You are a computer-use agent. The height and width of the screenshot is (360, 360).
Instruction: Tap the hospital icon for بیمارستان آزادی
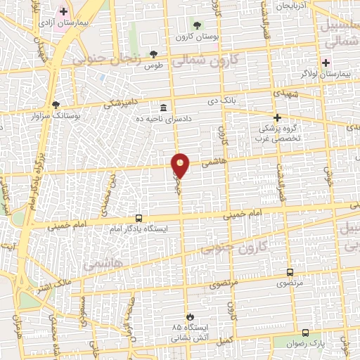click(x=64, y=11)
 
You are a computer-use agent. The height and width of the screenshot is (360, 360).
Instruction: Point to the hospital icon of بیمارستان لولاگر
click(x=326, y=62)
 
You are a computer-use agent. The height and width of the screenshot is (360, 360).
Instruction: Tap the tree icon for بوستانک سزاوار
click(x=56, y=104)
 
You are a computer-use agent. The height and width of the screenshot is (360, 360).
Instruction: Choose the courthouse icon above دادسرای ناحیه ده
click(x=164, y=108)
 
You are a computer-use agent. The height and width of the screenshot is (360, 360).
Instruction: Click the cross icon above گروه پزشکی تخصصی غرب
click(x=278, y=117)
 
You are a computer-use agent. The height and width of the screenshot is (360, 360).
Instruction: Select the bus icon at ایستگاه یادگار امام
click(x=139, y=218)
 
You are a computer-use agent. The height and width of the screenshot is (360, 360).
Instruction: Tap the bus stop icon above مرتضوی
click(x=290, y=272)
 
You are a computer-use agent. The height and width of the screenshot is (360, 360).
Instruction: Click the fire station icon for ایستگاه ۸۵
click(x=188, y=316)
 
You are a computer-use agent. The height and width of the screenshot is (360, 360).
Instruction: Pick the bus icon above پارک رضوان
click(x=305, y=332)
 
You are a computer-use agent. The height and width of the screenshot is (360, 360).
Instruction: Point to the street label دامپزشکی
click(x=120, y=103)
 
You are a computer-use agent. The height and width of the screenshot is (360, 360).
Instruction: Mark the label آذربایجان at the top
click(x=291, y=6)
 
